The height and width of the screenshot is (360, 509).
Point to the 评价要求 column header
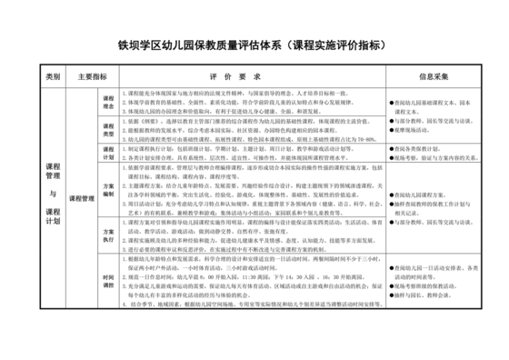(241, 77)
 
